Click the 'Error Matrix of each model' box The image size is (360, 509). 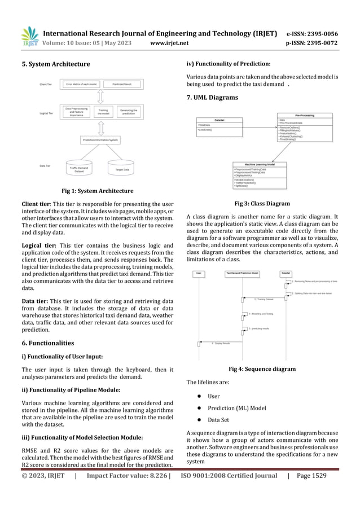[82, 84]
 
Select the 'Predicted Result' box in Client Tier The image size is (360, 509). [122, 84]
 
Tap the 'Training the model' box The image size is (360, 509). [103, 112]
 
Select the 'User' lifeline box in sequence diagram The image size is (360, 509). [200, 273]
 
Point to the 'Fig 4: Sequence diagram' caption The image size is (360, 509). [262, 369]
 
